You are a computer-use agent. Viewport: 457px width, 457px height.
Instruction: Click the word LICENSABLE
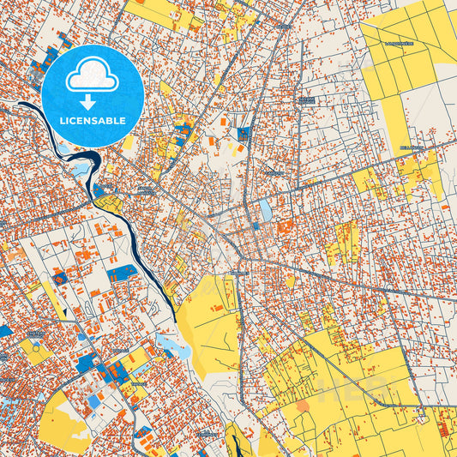coord(92,120)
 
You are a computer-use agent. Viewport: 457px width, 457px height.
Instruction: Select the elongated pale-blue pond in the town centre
coord(265,208)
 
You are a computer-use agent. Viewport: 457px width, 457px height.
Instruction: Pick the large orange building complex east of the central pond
coord(286,226)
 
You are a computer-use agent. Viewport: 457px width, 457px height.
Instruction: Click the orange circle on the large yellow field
coord(302,406)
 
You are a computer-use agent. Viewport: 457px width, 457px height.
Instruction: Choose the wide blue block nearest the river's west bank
coord(122,273)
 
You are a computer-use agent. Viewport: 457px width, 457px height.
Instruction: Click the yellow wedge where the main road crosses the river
coord(109,204)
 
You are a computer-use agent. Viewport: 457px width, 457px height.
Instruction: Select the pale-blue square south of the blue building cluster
coord(93,401)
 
